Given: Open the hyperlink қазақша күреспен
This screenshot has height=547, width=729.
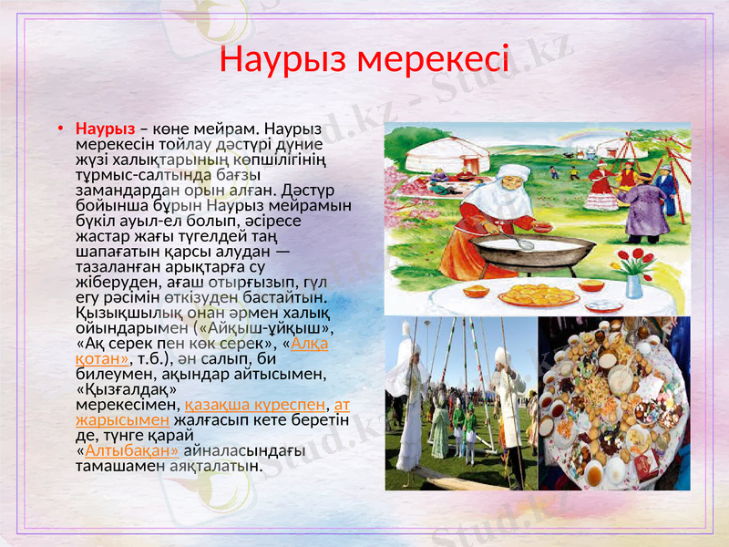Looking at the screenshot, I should point(254,403).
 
